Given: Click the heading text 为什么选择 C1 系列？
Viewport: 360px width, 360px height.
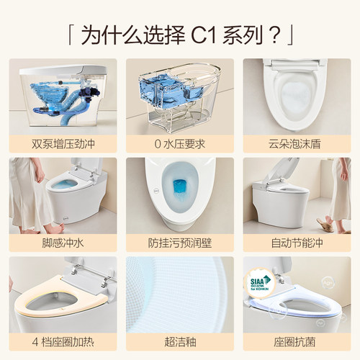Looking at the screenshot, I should [179, 33].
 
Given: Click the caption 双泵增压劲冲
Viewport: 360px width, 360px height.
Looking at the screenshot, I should [63, 143].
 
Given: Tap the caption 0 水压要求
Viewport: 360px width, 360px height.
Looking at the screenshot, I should [179, 143].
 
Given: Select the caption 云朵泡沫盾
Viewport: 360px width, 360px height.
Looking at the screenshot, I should [296, 143].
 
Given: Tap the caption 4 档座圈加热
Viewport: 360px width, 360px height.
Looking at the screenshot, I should [63, 341].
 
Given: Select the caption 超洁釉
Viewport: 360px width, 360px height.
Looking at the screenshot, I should [179, 341].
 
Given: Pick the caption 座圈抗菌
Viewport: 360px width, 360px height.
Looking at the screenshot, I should [296, 341].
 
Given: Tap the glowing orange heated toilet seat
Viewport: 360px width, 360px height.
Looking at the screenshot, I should [61, 302].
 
